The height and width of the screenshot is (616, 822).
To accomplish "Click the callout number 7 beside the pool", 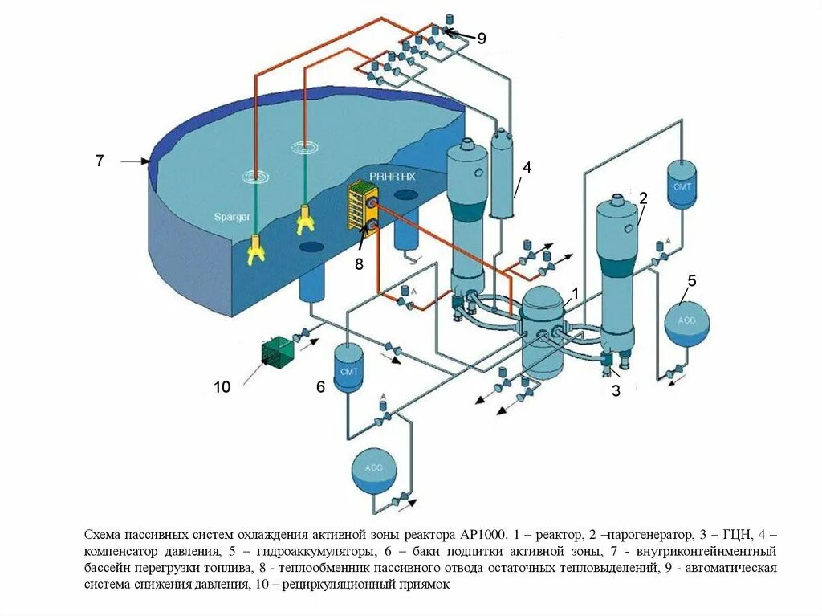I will [100, 161].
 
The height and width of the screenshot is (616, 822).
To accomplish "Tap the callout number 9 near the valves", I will [482, 38].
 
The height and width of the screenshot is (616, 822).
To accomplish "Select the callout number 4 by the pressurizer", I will [527, 167].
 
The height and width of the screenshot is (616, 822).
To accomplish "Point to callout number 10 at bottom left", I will [222, 387].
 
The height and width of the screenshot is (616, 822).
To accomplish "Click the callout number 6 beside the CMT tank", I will [320, 387].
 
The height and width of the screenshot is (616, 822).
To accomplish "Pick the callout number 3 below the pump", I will [616, 391].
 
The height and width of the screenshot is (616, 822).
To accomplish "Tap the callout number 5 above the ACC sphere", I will [691, 280].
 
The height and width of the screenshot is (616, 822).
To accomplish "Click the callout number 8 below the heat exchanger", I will [359, 263].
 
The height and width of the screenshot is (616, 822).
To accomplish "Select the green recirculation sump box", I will [278, 353].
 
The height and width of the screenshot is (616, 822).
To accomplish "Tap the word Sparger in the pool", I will [232, 217].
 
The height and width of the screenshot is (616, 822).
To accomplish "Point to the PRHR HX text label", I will [389, 176].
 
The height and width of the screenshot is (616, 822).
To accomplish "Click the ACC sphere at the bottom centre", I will [375, 471].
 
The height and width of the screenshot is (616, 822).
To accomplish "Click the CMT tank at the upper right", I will [682, 185].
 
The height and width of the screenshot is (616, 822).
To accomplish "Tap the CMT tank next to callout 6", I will [349, 368].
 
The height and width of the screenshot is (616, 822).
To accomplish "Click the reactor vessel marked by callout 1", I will [545, 333].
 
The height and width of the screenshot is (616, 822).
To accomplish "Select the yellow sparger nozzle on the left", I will [255, 250].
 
